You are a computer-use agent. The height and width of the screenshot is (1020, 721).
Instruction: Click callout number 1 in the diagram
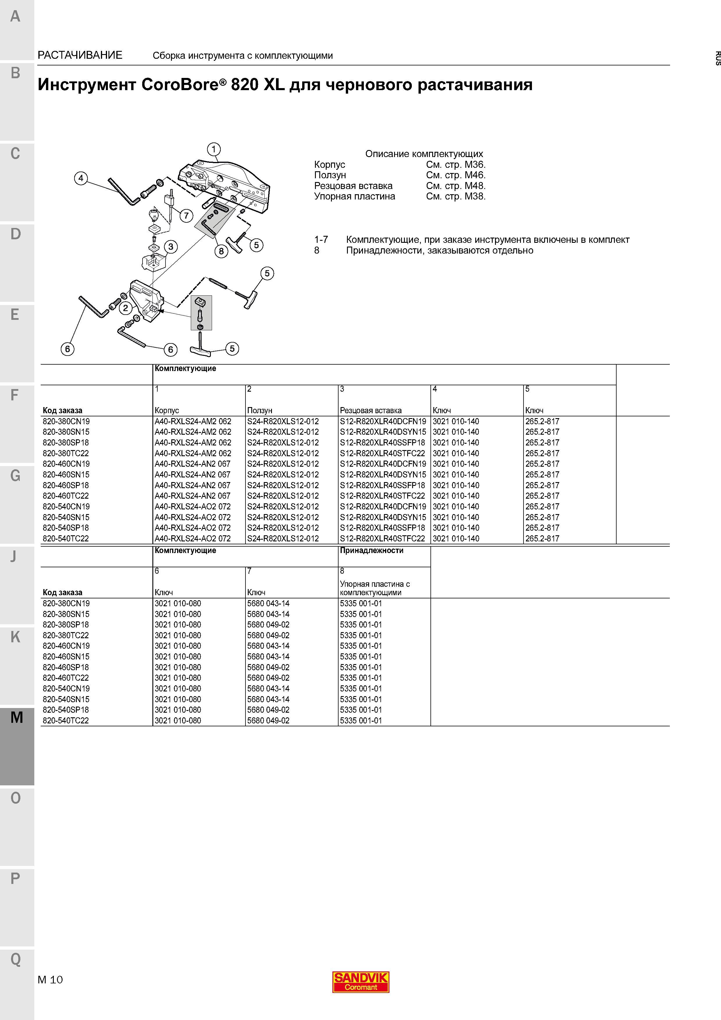click(x=214, y=149)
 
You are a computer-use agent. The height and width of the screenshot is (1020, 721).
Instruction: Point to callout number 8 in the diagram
click(x=221, y=251)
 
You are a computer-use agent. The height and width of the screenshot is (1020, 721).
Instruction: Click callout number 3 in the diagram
click(x=171, y=247)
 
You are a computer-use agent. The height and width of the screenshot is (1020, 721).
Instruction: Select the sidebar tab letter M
click(x=17, y=717)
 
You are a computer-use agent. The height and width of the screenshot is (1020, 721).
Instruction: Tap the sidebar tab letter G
click(x=15, y=476)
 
